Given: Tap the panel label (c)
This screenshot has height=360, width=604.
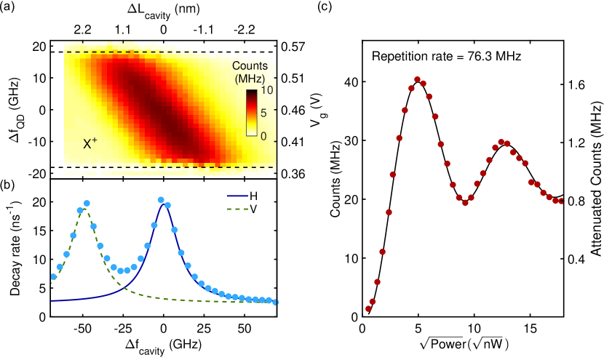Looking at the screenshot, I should pos(323,7).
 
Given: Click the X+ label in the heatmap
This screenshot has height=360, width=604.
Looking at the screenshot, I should pos(90,144).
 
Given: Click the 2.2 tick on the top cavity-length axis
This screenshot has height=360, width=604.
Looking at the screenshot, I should pos(82,30).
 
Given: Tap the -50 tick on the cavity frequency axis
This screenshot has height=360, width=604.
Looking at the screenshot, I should pos(82,326).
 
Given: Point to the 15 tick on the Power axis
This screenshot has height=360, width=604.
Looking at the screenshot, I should pos(531,327).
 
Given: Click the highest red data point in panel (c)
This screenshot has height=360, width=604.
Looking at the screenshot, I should pos(417,80).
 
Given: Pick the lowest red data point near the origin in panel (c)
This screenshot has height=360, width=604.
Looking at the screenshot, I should pos(368,308).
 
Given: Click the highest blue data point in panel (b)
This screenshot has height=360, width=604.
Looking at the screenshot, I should pos(161,200).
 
